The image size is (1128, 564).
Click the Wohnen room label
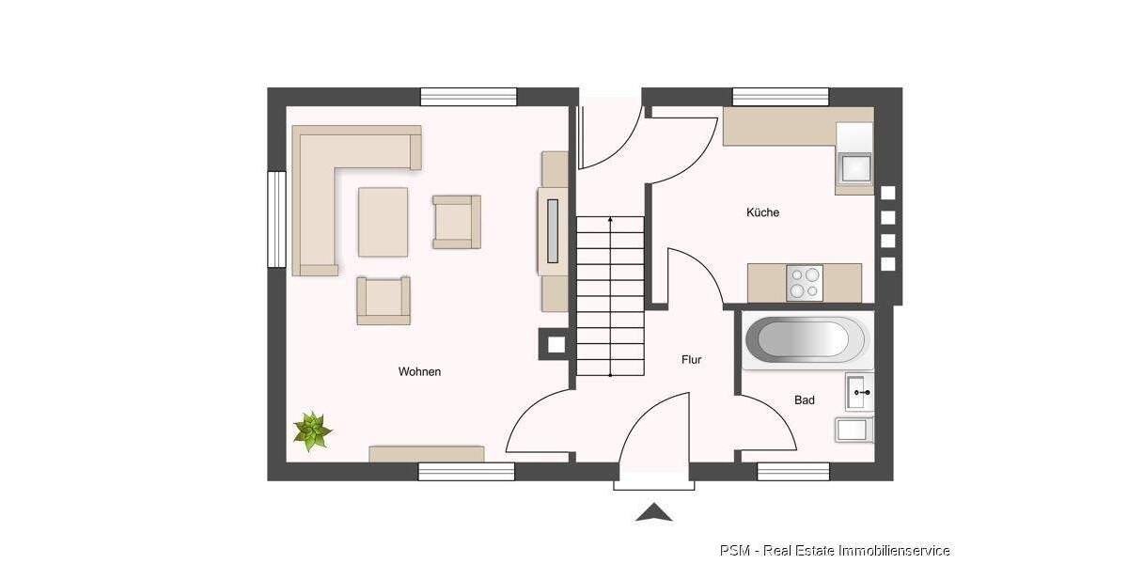[x=419, y=371]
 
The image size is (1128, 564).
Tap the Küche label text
[x=762, y=212]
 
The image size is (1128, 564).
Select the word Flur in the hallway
[x=691, y=359]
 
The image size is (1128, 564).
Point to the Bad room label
[x=805, y=400]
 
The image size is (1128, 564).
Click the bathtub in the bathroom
[x=806, y=339]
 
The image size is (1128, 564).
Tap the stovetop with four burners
[x=804, y=283]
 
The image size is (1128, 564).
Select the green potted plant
[x=312, y=431]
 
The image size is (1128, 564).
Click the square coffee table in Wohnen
[x=383, y=222]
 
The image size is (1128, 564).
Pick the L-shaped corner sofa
[x=324, y=179]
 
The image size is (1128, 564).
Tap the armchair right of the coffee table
[x=456, y=222]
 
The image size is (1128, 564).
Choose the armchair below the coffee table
[x=384, y=300]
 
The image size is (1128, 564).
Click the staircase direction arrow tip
[x=611, y=218]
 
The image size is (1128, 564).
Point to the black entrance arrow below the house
[x=654, y=512]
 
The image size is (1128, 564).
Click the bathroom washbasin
[x=858, y=392]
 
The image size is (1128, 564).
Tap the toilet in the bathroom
[x=854, y=430]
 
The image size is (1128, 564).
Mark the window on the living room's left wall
[x=276, y=219]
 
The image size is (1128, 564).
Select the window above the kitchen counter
[x=780, y=96]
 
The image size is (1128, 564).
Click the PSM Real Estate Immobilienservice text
[x=835, y=550]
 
